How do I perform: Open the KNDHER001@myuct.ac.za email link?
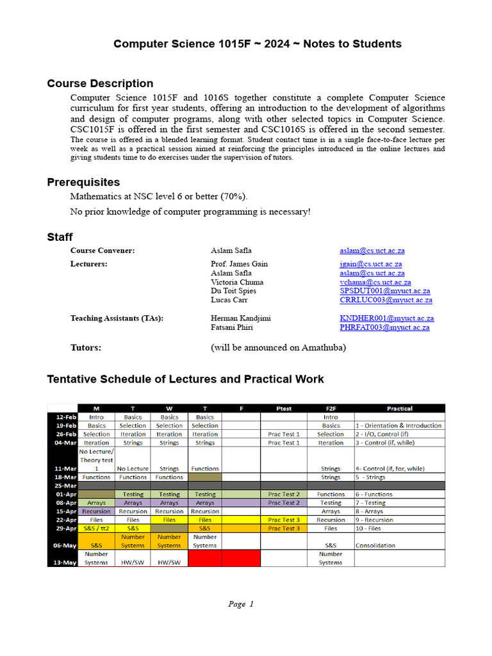click(386, 318)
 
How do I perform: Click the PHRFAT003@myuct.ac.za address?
click(384, 327)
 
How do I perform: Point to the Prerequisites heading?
click(83, 183)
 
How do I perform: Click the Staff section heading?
click(60, 237)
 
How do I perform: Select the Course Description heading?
click(100, 83)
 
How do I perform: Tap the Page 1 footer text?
click(241, 603)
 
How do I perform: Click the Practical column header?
click(399, 408)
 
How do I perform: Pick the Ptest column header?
click(283, 408)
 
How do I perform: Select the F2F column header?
click(331, 408)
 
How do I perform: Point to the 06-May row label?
click(62, 545)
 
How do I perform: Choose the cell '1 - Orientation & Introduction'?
click(398, 425)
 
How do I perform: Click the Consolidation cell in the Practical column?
click(375, 545)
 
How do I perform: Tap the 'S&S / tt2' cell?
click(97, 529)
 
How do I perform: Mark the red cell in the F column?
click(241, 558)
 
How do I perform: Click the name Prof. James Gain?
click(239, 264)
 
